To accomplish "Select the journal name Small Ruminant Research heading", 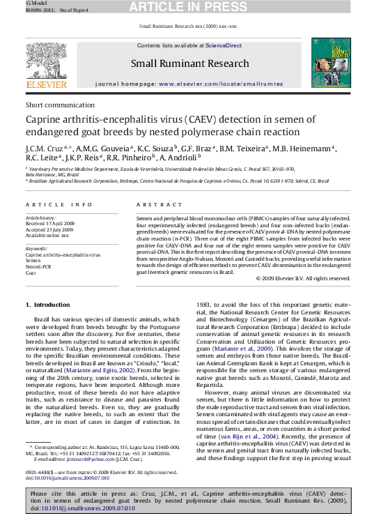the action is pyautogui.click(x=189, y=64).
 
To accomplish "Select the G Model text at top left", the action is pyautogui.click(x=15, y=3).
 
